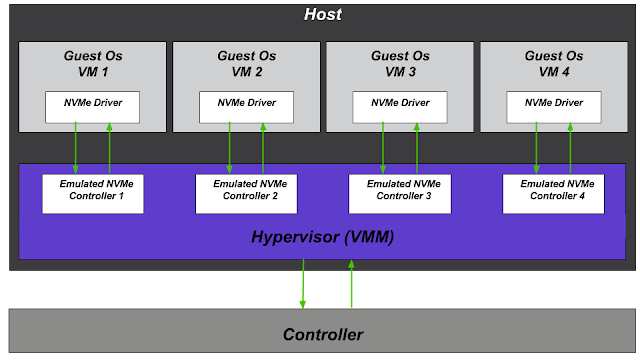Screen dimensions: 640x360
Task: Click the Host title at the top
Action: coord(322,15)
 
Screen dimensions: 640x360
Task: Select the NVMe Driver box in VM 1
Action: coord(93,107)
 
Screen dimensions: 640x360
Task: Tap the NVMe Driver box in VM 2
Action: coord(246,107)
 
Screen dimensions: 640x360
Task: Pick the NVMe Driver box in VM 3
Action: coord(400,107)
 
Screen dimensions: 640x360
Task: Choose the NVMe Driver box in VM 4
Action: coord(554,107)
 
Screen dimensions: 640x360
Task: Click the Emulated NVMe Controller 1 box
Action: coord(93,194)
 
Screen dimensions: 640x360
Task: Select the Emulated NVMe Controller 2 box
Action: coord(247,194)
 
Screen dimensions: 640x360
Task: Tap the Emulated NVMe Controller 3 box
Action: coord(400,194)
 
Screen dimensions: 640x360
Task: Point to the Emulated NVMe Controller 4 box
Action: coord(553,194)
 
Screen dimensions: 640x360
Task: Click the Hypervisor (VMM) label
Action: coord(322,237)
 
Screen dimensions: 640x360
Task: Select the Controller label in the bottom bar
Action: coord(323,335)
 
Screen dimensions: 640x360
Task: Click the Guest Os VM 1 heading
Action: coord(93,64)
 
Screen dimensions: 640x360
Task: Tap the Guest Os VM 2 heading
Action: coord(247,64)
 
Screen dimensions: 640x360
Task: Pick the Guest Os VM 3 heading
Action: coord(400,64)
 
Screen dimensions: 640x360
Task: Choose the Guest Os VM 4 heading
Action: coord(554,64)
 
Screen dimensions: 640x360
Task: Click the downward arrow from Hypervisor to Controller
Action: coord(303,284)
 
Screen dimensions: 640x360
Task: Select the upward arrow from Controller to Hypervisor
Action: coord(351,284)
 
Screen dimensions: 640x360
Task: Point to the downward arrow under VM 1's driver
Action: coord(76,148)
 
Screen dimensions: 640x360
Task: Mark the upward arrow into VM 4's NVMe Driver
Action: coord(570,148)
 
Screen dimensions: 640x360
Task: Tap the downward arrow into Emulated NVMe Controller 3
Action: coord(383,148)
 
